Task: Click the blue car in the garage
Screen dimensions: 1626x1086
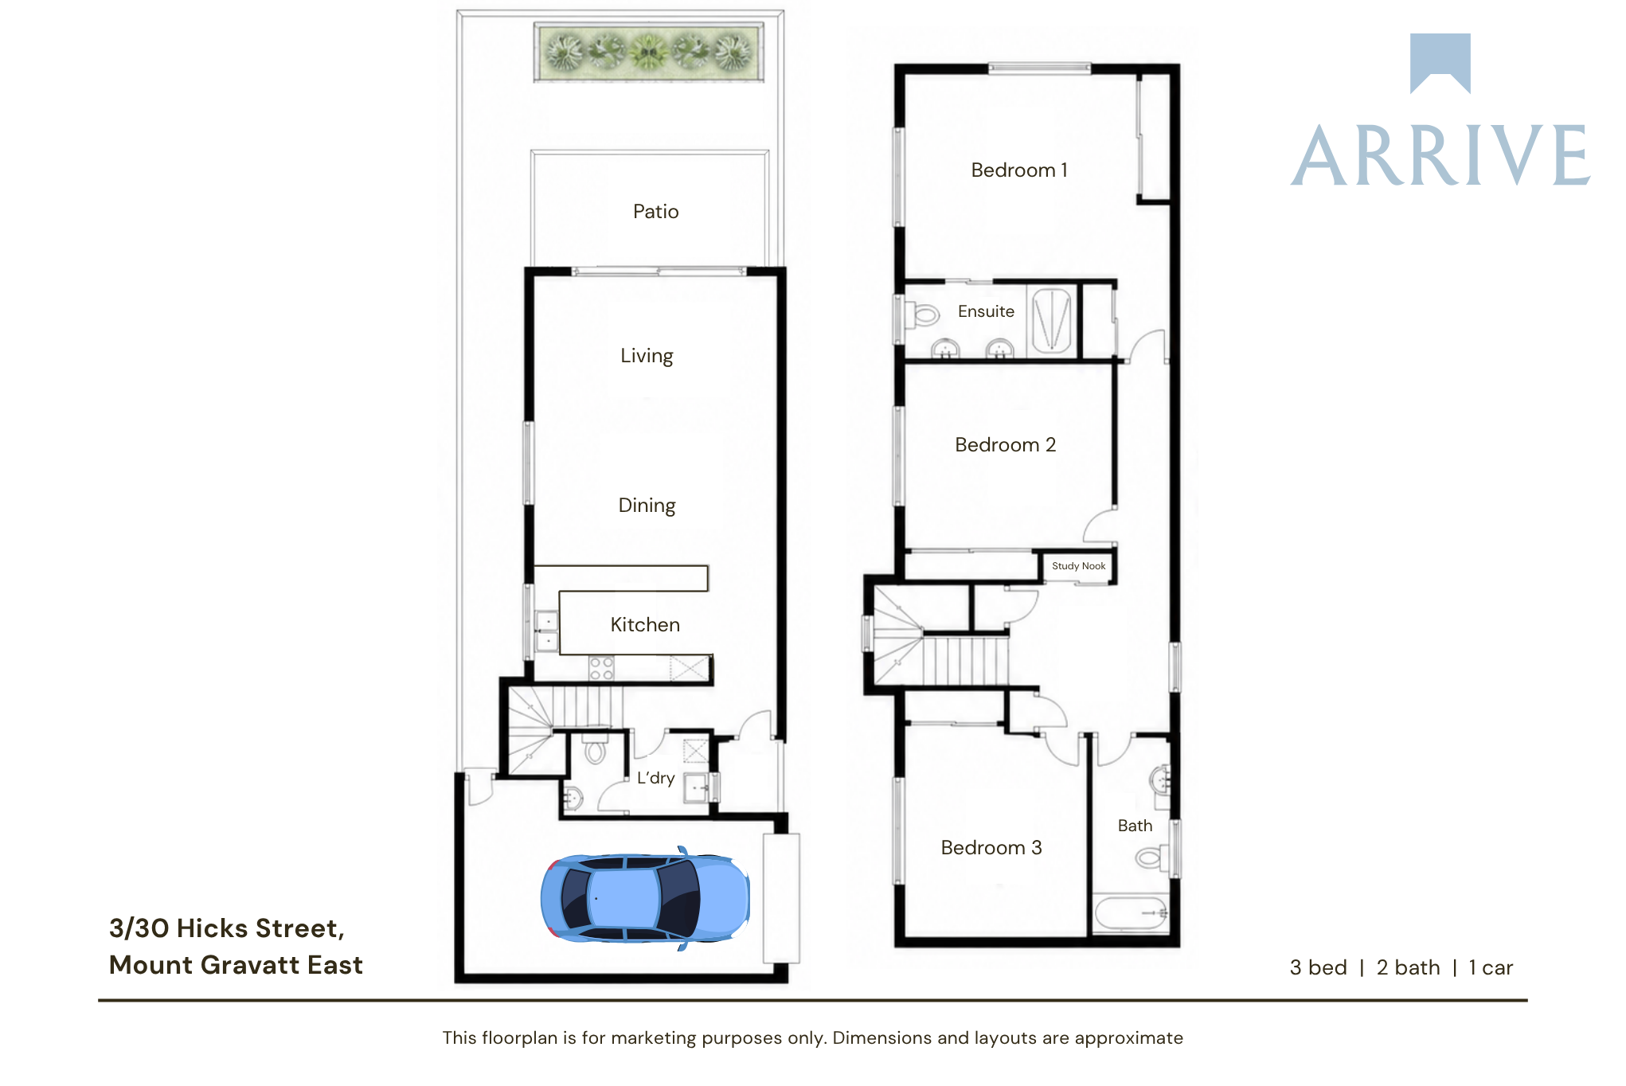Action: (x=645, y=898)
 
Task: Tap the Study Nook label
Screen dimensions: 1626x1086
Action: (x=1078, y=566)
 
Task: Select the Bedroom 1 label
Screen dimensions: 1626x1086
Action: (x=1019, y=170)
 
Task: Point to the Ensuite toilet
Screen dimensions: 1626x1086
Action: (x=922, y=314)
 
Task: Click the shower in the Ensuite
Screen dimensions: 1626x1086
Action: (x=1051, y=320)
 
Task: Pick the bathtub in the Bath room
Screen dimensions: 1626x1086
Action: (x=1132, y=913)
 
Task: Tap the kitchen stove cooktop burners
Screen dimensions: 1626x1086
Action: (x=601, y=668)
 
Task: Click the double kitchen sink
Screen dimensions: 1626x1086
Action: (x=546, y=631)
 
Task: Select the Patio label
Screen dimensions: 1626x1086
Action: (x=655, y=211)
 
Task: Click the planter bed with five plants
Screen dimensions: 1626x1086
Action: (x=649, y=52)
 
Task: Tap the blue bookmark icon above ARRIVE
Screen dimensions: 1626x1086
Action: (x=1440, y=63)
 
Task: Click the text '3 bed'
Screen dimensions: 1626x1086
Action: (x=1318, y=967)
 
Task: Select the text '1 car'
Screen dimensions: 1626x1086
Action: (x=1491, y=967)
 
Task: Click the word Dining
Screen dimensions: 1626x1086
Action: (x=647, y=506)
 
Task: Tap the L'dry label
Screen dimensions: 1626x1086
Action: (x=655, y=778)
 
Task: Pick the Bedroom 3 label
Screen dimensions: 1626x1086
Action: (x=991, y=847)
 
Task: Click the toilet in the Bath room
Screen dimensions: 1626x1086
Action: (x=1151, y=857)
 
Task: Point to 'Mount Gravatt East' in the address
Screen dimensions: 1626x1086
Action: (x=236, y=965)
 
